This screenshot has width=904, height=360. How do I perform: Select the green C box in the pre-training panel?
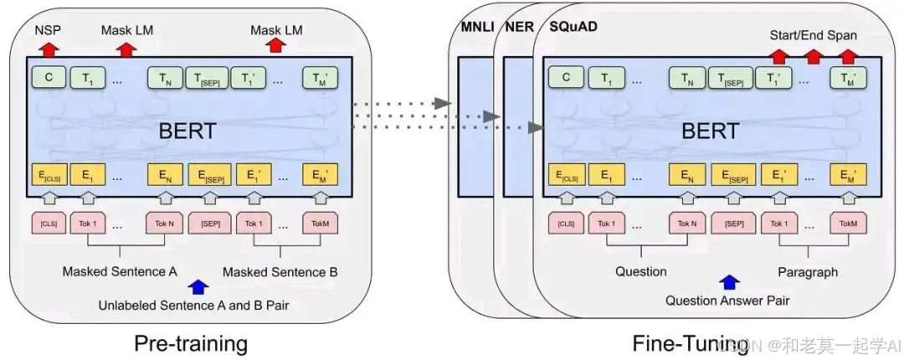coord(48,78)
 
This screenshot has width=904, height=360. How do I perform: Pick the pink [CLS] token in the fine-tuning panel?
coord(567,224)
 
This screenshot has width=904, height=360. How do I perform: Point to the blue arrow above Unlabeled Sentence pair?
coord(198,287)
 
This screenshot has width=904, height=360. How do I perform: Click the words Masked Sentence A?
coord(121,272)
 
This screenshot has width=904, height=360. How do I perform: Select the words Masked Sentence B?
coord(281,272)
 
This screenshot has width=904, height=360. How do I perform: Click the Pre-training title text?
coord(191,342)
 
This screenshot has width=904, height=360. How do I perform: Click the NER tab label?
coord(520,26)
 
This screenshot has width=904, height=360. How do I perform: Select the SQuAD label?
coord(573,26)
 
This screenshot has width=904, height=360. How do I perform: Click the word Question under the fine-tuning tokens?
coord(641,271)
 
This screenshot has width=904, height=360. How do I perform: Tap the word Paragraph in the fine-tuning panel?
coord(807,271)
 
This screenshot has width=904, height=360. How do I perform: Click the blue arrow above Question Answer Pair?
coord(729,283)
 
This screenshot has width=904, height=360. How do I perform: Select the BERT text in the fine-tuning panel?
coord(711,131)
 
